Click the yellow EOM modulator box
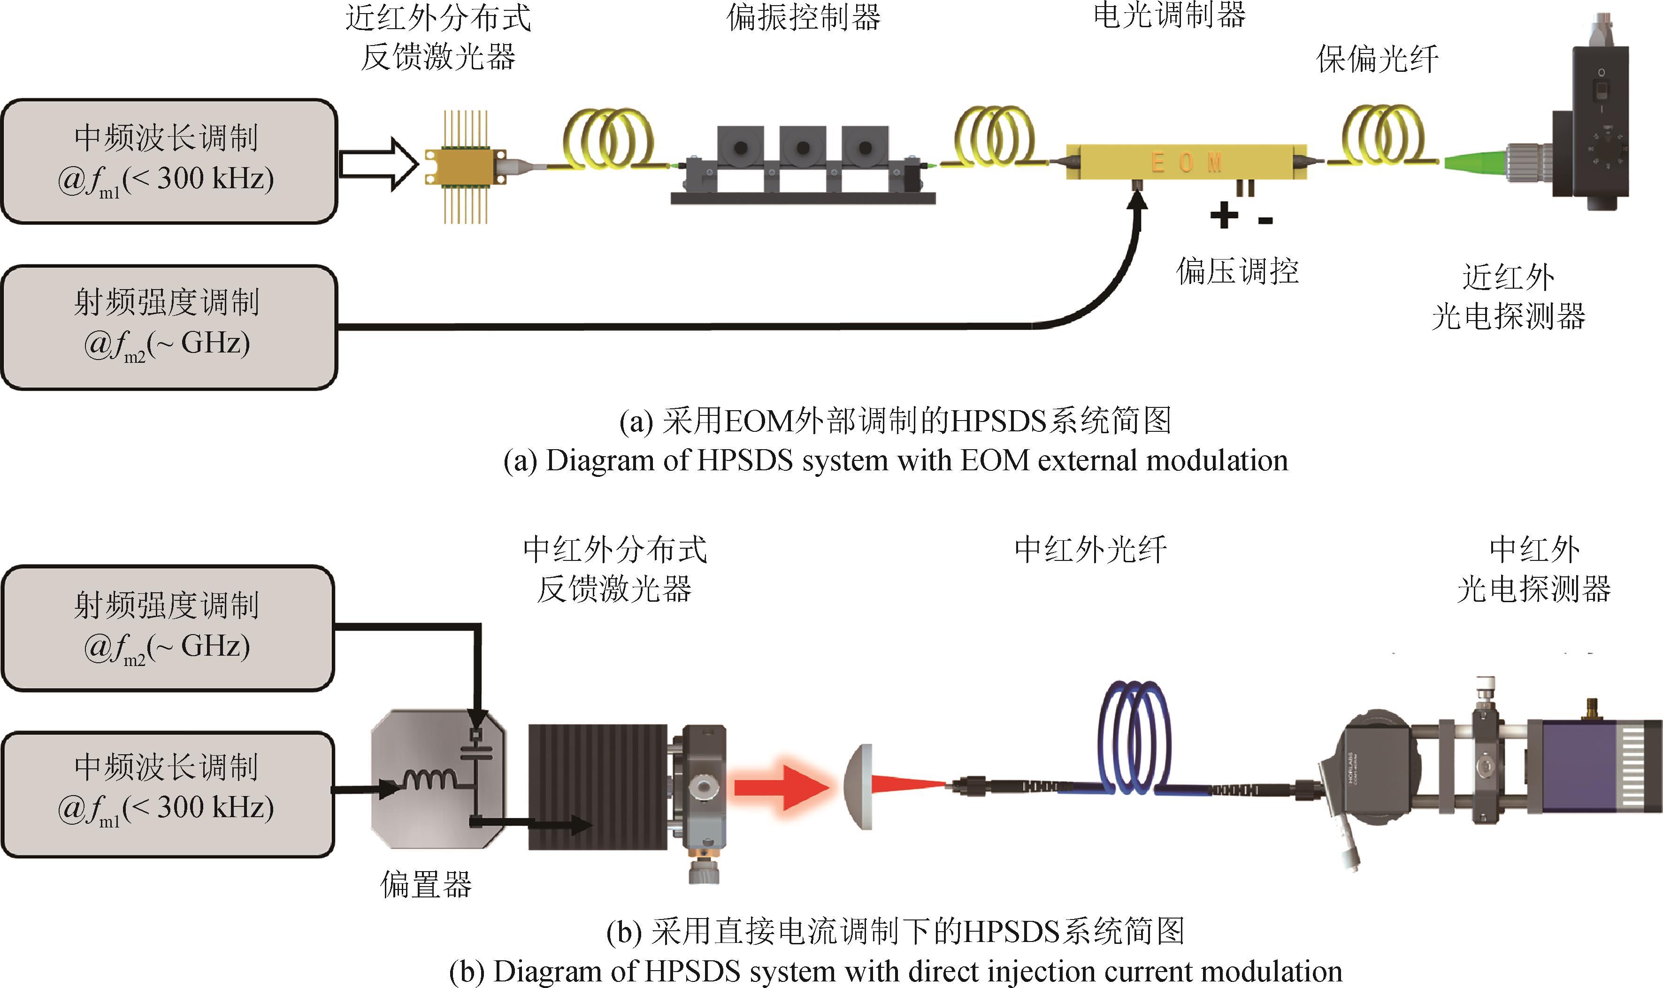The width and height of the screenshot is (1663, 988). click(x=1186, y=162)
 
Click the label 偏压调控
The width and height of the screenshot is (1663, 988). click(x=1237, y=271)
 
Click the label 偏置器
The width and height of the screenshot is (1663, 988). click(x=426, y=885)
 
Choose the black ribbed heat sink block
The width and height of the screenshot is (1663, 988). click(x=597, y=787)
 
